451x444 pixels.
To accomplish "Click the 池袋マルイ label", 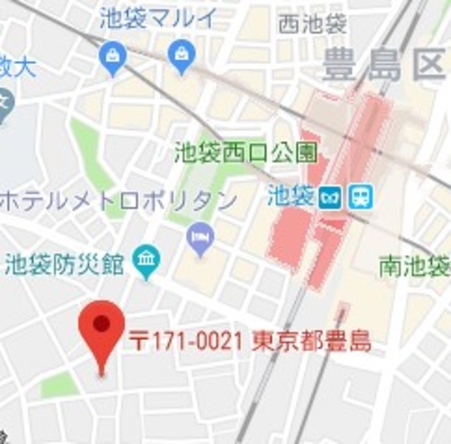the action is coord(158,18).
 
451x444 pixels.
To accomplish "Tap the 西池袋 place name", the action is coord(312,25).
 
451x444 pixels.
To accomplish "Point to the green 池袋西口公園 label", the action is coord(245,151).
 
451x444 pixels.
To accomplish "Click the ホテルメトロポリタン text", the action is coord(118,200).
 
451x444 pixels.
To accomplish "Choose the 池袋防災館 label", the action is coord(64,266).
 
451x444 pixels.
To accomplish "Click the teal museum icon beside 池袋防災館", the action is coord(148,262).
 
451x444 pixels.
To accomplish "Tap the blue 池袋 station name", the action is coord(290,196).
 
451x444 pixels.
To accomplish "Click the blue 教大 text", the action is coord(17,68).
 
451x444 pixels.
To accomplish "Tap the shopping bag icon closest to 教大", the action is coord(113,58).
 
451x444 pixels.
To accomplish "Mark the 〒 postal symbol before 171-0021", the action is coord(140,343).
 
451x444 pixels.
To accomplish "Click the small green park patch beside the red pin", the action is coord(58,385).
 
